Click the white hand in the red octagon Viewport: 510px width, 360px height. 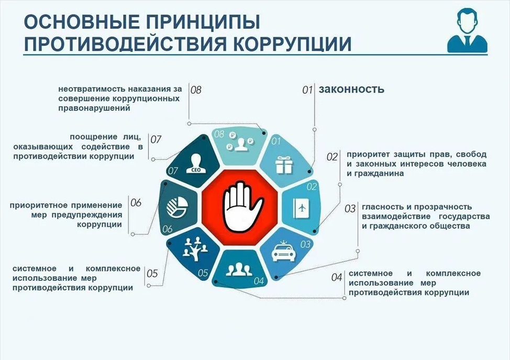click(242, 207)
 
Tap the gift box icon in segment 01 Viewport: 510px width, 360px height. click(284, 165)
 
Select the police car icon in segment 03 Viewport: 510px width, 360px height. click(283, 251)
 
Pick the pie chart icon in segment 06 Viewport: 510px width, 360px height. click(177, 207)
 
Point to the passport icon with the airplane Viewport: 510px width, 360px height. click(301, 208)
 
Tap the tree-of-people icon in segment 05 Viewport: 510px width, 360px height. click(195, 249)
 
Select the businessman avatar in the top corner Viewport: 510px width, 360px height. click(467, 30)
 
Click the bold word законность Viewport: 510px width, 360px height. click(351, 89)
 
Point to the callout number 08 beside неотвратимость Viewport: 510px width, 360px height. click(196, 89)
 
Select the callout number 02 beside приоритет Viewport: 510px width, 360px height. click(332, 157)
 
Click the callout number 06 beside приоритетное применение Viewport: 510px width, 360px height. click(136, 203)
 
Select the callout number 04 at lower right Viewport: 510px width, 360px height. click(337, 277)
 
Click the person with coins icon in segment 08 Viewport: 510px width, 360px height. click(241, 142)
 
